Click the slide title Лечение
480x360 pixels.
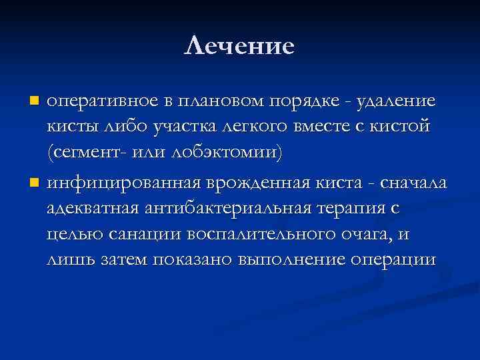click(239, 46)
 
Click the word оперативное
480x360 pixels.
click(99, 101)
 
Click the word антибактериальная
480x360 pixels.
click(225, 208)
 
